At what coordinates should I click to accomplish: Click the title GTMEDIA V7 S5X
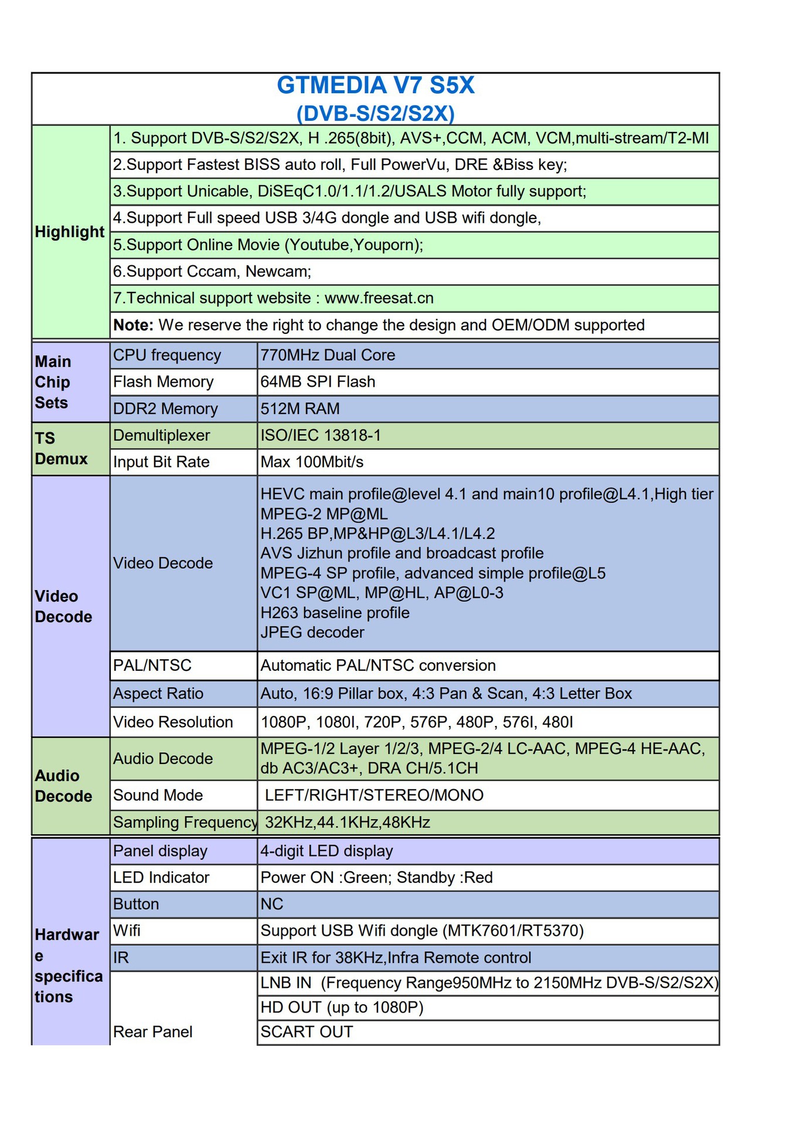point(375,86)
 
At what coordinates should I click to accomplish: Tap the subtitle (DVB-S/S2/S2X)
point(375,113)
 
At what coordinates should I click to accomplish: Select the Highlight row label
point(69,232)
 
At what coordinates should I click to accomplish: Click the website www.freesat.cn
point(379,298)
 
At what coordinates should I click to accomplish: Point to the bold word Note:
point(133,325)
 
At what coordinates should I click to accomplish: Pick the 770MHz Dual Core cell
point(328,355)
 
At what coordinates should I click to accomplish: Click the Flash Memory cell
point(163,382)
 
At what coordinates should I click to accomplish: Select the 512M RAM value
point(300,409)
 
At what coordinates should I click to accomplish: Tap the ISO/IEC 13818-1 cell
point(321,435)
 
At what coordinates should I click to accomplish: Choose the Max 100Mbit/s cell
point(312,462)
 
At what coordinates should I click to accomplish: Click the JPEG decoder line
point(312,633)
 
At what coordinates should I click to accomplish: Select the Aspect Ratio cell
point(158,694)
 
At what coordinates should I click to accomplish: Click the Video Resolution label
point(173,722)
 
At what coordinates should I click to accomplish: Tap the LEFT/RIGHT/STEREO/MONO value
point(374,796)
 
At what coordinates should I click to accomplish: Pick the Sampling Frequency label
point(185,823)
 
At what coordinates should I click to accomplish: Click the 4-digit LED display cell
point(326,851)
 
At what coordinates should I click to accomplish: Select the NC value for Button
point(271,905)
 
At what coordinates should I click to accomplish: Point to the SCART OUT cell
point(307,1032)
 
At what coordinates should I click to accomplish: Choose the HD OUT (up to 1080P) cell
point(342,1007)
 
